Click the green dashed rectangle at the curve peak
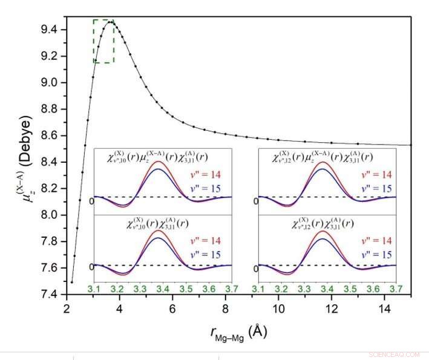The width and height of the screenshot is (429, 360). tap(103, 41)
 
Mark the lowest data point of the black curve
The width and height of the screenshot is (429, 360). tap(71, 282)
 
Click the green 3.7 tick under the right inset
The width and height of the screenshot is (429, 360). tap(395, 289)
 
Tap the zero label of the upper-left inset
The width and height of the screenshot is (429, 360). tap(91, 200)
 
